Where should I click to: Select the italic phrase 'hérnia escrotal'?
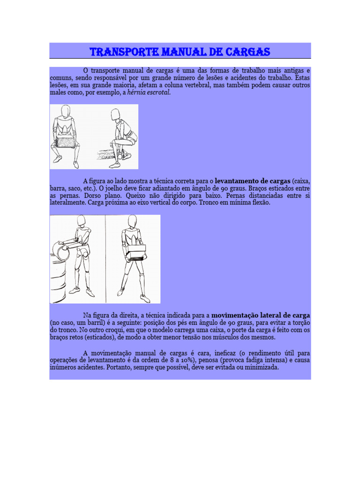[149, 93]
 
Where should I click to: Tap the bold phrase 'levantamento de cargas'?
[252, 180]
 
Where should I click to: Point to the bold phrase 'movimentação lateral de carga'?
[261, 315]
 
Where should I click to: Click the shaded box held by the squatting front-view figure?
[65, 142]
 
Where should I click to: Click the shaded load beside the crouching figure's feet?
[105, 154]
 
